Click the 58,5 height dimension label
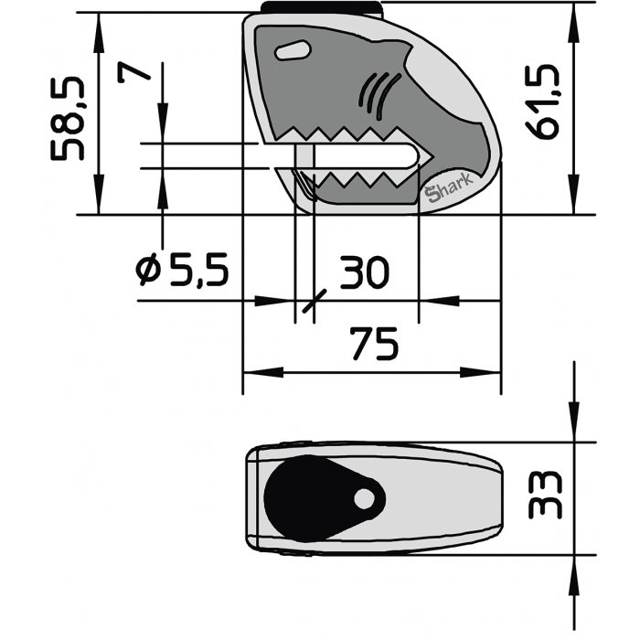pyautogui.click(x=71, y=118)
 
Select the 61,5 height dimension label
pyautogui.click(x=546, y=108)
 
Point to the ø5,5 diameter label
pyautogui.click(x=180, y=270)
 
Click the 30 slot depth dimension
pyautogui.click(x=365, y=272)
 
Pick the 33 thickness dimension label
pyautogui.click(x=546, y=496)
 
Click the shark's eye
pyautogui.click(x=292, y=51)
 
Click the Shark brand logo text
pyautogui.click(x=445, y=189)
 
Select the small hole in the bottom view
pyautogui.click(x=365, y=498)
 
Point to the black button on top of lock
pyautogui.click(x=321, y=7)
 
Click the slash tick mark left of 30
pyautogui.click(x=314, y=303)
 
